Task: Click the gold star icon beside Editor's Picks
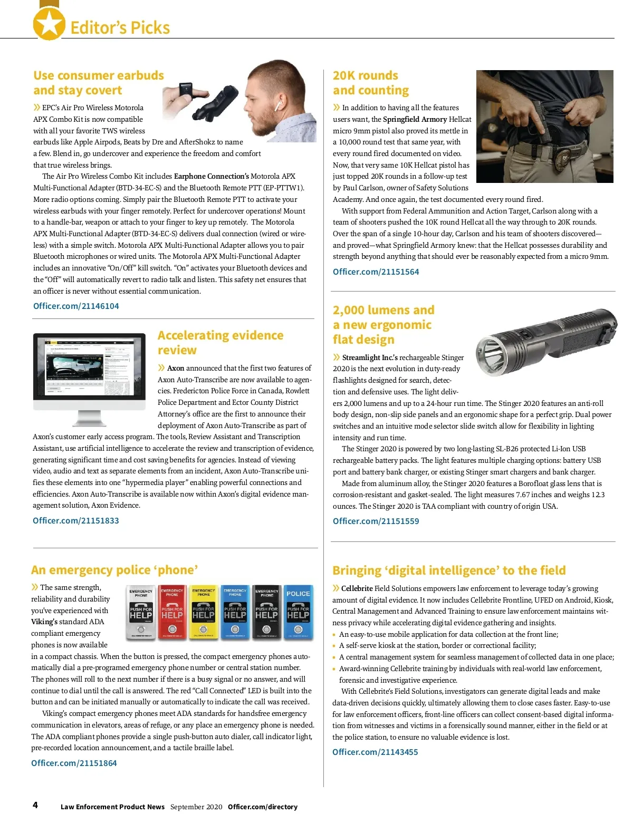(49, 24)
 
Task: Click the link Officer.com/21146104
(76, 306)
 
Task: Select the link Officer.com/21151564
(376, 272)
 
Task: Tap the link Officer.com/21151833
(75, 520)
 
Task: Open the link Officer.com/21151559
(376, 521)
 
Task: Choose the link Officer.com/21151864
(74, 763)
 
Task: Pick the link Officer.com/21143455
(375, 752)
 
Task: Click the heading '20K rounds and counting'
(370, 83)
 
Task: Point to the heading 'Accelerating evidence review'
(220, 343)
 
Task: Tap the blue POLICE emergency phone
(298, 612)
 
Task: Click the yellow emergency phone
(204, 612)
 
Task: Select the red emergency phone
(172, 612)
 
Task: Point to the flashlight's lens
(490, 350)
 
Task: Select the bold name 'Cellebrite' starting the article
(357, 588)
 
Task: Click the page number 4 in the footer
(35, 805)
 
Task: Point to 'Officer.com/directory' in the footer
(262, 807)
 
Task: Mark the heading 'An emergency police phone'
(114, 570)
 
